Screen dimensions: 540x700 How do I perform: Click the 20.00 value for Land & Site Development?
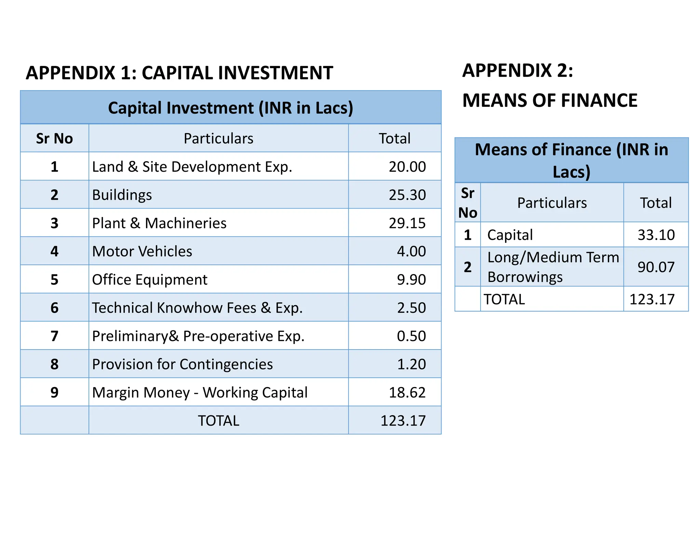pos(407,167)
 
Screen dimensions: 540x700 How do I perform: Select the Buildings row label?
pos(122,195)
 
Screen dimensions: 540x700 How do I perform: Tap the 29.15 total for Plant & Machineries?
pos(407,223)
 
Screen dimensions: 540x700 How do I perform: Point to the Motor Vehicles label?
pos(142,252)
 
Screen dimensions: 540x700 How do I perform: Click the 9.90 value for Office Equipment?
pos(411,280)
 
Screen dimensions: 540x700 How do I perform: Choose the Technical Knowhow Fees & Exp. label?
pos(197,308)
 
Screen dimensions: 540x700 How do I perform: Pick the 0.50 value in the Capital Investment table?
pos(411,336)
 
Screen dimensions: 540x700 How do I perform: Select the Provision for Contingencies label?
pos(183,365)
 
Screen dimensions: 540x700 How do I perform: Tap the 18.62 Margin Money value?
pos(407,393)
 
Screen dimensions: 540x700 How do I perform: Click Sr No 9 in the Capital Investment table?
pos(54,393)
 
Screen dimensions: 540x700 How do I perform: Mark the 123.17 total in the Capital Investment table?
pos(403,421)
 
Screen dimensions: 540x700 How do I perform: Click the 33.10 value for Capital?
pos(656,235)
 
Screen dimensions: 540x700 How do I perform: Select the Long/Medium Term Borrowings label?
pos(553,267)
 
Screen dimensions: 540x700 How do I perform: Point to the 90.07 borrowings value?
pos(656,267)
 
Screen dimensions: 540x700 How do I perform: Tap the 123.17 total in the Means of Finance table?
pos(652,299)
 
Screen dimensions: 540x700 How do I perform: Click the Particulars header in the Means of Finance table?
pos(552,203)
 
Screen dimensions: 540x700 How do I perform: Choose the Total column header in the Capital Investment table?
pos(394,139)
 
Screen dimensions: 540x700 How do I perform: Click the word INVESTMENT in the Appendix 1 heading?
pos(275,73)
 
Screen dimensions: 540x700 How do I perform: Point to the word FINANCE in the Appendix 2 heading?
pos(599,100)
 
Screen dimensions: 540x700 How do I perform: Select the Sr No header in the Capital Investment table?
pos(54,139)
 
